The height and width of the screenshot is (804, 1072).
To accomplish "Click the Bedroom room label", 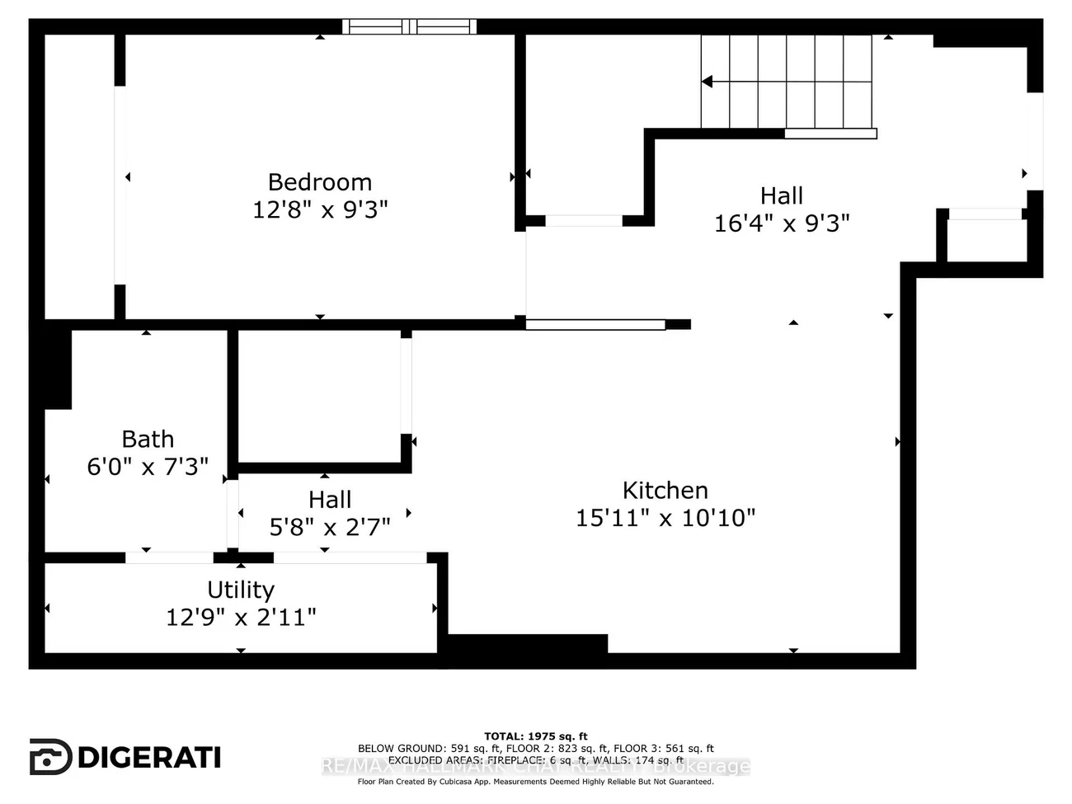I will coord(320,181).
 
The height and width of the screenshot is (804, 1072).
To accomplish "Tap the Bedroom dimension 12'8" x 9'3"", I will coord(320,209).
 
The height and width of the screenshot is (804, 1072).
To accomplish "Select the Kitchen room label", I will coord(665,490).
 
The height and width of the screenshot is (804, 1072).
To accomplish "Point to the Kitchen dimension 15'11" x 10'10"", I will coord(665,518).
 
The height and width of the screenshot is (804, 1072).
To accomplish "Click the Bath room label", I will coord(148,439).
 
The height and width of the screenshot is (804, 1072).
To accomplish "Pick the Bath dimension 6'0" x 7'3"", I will coord(148,467).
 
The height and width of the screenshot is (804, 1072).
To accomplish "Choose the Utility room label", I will coord(241,590).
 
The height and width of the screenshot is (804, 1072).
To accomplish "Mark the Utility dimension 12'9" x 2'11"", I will coord(241,617).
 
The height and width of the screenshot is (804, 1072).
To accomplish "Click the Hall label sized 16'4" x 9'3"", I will coord(781,195).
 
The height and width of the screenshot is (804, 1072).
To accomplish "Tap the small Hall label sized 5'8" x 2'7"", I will coord(330,500).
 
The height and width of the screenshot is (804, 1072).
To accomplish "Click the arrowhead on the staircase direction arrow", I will coord(708,82).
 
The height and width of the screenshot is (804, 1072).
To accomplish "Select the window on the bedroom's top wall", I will coord(409,26).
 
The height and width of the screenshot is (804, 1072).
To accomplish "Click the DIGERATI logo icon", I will coord(50,757).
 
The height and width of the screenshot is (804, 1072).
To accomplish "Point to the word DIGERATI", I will coord(149,757).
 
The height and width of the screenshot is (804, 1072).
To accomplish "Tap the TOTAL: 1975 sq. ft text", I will coord(535,736).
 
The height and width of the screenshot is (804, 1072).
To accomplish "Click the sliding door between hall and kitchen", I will coord(595,325).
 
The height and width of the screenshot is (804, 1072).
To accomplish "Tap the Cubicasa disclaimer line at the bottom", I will coord(535,782).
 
